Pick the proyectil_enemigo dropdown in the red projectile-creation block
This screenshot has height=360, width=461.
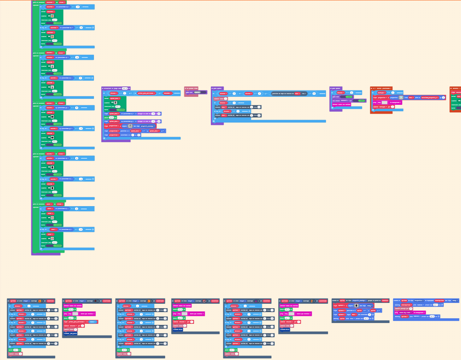click(x=146, y=126)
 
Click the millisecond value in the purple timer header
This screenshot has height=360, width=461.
click(x=124, y=88)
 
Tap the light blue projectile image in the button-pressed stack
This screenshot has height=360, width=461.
click(x=401, y=97)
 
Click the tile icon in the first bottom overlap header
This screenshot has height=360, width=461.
click(x=42, y=301)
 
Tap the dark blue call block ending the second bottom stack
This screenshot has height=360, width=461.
click(x=71, y=333)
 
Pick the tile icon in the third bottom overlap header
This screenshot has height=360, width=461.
click(x=149, y=301)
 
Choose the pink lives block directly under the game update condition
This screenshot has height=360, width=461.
click(x=220, y=98)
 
